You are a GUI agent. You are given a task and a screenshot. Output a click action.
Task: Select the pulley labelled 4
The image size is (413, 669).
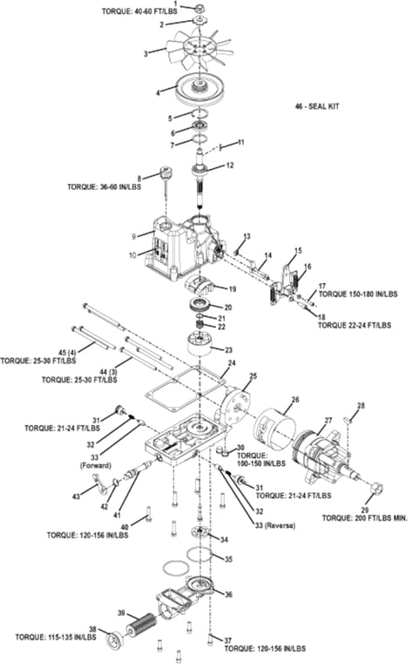click(200, 89)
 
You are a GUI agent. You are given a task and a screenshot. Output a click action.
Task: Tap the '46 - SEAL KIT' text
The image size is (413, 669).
click(317, 106)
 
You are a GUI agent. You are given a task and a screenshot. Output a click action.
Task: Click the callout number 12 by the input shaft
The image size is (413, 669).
click(230, 166)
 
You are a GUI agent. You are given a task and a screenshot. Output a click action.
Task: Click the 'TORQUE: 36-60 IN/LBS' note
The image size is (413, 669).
click(104, 187)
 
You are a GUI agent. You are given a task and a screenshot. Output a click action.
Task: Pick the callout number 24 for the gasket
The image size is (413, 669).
click(232, 363)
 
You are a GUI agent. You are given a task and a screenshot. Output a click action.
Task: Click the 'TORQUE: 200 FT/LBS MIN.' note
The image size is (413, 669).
click(365, 518)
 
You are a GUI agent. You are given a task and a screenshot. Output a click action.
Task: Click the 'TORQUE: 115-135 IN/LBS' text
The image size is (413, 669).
click(56, 637)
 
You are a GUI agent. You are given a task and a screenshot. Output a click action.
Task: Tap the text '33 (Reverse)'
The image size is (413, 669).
click(275, 525)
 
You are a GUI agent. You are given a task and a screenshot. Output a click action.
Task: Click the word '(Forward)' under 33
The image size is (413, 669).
click(96, 465)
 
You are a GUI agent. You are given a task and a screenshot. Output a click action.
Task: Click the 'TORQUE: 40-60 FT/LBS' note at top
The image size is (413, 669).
click(139, 10)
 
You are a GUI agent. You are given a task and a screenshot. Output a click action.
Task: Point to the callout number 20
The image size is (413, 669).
click(228, 307)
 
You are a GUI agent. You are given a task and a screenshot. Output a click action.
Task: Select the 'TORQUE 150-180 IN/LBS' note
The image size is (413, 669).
click(358, 294)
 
